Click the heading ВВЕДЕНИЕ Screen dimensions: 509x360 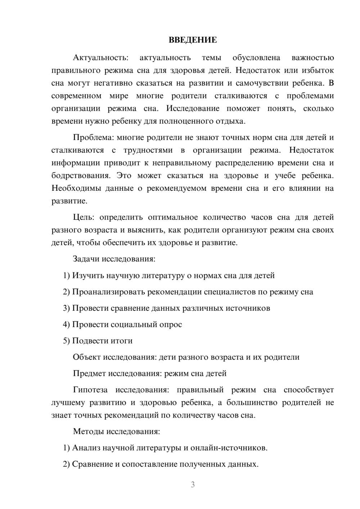(193, 40)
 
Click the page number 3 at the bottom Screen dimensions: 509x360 (193, 485)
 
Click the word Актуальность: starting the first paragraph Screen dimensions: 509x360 (100, 58)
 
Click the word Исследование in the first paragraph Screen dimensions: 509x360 (193, 108)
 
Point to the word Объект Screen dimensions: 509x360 (87, 357)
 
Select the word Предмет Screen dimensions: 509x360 (89, 373)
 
